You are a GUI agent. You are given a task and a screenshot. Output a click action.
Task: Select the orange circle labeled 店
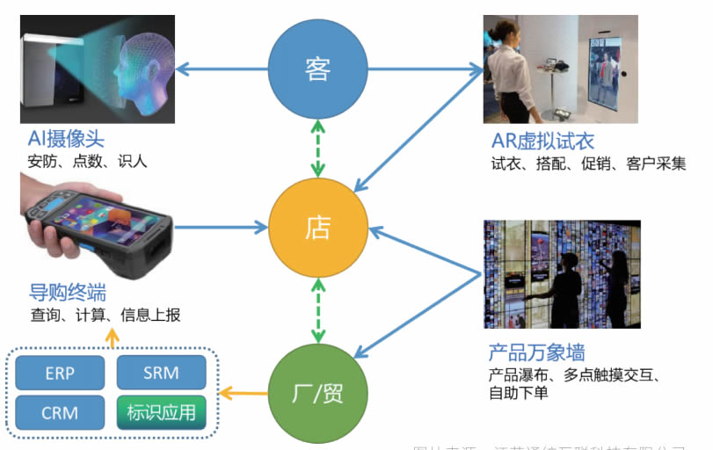pyautogui.click(x=317, y=228)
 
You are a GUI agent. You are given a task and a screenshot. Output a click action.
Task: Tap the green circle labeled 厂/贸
pyautogui.click(x=317, y=392)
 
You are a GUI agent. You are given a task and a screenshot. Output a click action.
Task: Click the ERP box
pyautogui.click(x=60, y=373)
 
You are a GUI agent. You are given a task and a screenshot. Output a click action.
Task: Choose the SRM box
pyautogui.click(x=161, y=373)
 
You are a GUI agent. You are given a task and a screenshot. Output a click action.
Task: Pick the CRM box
pyautogui.click(x=60, y=412)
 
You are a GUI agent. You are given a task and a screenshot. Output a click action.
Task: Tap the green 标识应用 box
pyautogui.click(x=161, y=412)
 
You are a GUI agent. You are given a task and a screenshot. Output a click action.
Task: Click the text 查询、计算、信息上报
pyautogui.click(x=105, y=315)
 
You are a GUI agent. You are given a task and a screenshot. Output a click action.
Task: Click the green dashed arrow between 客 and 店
pyautogui.click(x=317, y=149)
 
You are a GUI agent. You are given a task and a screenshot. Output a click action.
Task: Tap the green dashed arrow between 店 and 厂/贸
pyautogui.click(x=317, y=309)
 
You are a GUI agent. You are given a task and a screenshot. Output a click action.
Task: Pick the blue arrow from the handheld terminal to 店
pyautogui.click(x=220, y=228)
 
